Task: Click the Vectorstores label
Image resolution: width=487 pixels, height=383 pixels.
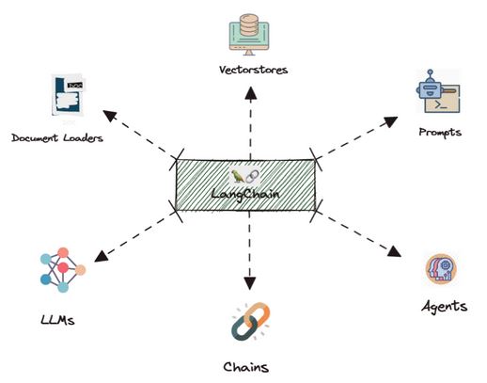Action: [x=253, y=70]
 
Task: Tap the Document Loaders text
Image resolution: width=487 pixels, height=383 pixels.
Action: [x=57, y=137]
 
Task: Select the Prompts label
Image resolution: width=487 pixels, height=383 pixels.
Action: [x=440, y=132]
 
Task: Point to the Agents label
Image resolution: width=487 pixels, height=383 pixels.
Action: [x=445, y=306]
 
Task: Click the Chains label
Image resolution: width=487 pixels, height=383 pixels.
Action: [x=246, y=367]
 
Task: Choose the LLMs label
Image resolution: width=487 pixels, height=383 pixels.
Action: [x=57, y=320]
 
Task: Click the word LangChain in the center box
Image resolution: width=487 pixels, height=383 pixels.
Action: [x=244, y=194]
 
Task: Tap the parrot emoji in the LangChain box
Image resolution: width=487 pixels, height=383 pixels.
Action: [x=238, y=176]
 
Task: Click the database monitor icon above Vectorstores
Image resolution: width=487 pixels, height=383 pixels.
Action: [x=249, y=35]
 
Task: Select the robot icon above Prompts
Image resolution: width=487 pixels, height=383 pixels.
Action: [x=438, y=91]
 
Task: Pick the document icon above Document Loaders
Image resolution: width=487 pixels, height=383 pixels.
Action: [x=68, y=95]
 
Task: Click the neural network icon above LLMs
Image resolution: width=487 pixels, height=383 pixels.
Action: [x=63, y=270]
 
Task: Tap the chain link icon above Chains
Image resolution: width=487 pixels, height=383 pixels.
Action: [x=250, y=321]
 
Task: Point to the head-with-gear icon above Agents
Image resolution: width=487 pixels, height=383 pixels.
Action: [x=441, y=269]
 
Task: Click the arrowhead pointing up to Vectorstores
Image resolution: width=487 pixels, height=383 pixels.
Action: [x=251, y=93]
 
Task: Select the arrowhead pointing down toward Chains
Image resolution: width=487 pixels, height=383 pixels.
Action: [x=249, y=283]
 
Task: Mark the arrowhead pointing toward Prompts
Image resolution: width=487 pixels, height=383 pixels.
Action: [x=391, y=121]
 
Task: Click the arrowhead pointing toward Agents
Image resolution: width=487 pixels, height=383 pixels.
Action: [x=394, y=252]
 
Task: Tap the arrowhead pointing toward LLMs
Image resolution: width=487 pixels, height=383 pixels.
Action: [x=102, y=256]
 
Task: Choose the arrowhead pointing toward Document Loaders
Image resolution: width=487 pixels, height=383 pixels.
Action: [x=110, y=116]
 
